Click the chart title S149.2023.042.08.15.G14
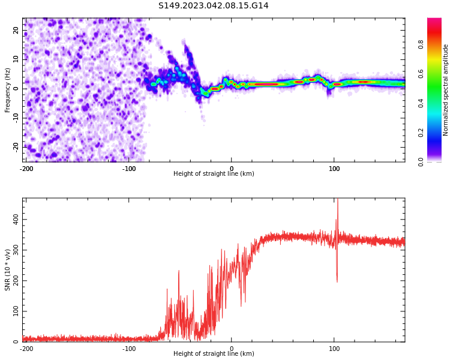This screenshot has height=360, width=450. pos(213,5)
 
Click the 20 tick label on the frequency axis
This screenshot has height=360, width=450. pos(16,30)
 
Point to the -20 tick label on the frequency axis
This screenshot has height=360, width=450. pos(16,146)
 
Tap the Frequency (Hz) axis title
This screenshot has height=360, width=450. pos(7,89)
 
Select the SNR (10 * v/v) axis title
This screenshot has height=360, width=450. pos(7,269)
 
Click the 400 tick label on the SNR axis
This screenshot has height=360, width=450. pos(16,220)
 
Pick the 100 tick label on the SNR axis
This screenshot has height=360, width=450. pos(16,311)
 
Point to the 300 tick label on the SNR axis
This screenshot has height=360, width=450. pos(16,250)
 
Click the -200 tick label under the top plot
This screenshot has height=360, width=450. pos(26,169)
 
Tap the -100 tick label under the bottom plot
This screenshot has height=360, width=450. pos(129,349)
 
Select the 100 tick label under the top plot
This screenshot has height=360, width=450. pos(334,169)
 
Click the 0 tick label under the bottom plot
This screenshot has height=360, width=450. pos(232,349)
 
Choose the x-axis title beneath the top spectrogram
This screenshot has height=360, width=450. pos(214,174)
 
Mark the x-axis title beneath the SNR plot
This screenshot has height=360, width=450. pos(214,354)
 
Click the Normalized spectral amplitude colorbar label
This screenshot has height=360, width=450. pos(446,89)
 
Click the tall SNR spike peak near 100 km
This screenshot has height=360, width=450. pos(337,200)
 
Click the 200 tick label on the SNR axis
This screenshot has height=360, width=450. pos(16,281)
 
